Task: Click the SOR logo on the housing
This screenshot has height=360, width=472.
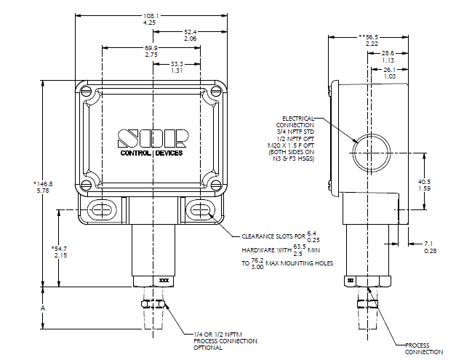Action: coord(153,138)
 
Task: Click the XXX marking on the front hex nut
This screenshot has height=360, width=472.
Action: coord(162,279)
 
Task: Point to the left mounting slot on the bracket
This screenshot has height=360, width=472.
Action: coord(101,211)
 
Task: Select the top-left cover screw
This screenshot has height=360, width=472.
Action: coord(87,93)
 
